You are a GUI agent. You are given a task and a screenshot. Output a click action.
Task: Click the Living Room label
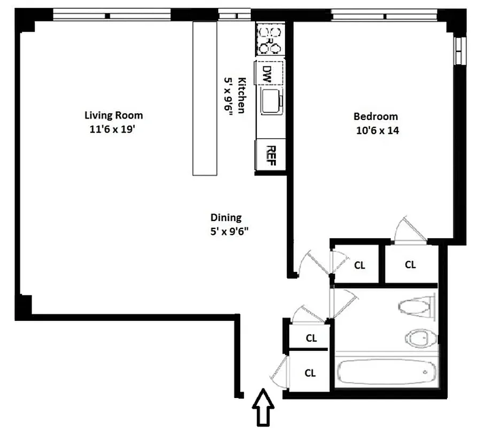point(113,115)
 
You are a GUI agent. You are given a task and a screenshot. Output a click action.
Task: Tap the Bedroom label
point(375,116)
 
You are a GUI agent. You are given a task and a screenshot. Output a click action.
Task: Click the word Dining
point(226,217)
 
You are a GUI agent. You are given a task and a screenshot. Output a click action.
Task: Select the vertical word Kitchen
point(241,95)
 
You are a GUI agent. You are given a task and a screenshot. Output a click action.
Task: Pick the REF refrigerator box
point(270,156)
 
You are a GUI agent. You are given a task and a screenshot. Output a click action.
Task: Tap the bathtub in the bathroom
point(386,371)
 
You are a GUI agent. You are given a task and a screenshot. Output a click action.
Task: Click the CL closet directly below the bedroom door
point(410,264)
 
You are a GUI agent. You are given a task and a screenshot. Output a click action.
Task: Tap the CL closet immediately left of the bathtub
point(310,373)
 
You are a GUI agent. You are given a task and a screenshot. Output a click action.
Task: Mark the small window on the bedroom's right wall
point(458,51)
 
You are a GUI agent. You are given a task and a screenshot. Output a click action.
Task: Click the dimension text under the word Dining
point(230,232)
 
